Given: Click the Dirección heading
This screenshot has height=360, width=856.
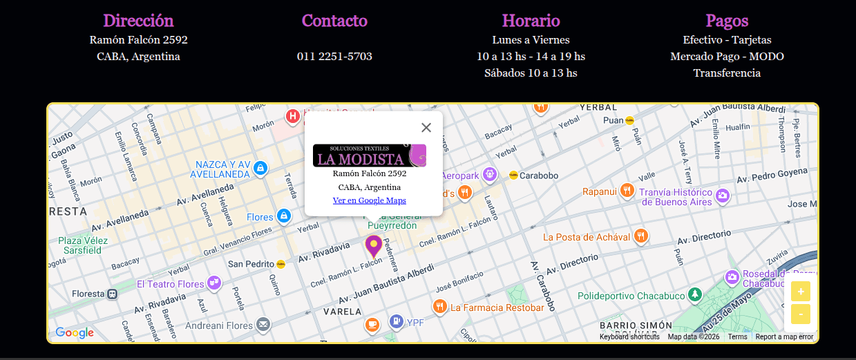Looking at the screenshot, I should coord(138,21).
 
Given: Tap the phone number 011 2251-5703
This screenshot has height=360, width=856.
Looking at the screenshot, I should coord(334,57).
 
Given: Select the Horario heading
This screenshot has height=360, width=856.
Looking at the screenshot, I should coord(531,21).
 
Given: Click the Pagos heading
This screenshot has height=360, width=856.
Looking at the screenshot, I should coord(727,21).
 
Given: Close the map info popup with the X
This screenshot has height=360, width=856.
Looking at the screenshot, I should coord(426,127).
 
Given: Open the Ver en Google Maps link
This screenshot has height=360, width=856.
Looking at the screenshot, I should coord(370,200).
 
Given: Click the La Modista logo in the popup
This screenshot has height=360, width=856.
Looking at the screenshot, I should coord(370,155).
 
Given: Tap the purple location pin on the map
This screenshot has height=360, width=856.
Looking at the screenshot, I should coord(374,246).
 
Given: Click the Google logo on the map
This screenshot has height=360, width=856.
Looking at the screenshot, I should coord(75,333).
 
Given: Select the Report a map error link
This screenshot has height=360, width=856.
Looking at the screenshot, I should coord(784,337).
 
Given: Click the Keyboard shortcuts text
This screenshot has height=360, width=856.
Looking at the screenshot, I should coord(629,337).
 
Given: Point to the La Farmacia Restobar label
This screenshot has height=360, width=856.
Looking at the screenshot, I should coord(497,307).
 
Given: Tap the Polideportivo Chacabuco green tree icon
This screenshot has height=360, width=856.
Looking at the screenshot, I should coord(695,295).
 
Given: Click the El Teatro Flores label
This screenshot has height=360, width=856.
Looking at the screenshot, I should coord(171,284).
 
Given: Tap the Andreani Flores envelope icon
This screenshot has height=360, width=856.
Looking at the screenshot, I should coord(263,324).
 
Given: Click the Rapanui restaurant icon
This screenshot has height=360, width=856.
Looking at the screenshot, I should coord(627,191).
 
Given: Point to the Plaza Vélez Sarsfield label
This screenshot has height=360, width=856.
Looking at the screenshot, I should coord(83,245).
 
